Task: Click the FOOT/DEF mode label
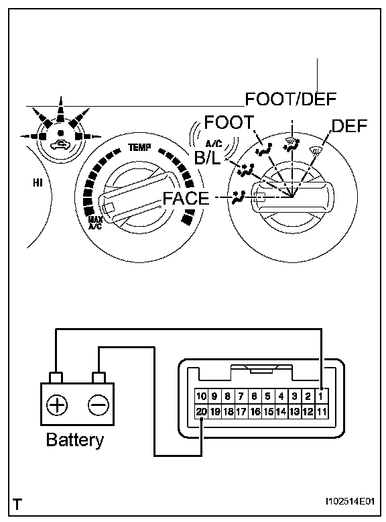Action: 291,99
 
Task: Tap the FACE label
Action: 186,198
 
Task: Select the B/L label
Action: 208,158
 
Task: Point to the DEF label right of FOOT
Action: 349,126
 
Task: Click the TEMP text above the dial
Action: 139,147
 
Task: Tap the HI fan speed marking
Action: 38,182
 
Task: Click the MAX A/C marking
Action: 95,223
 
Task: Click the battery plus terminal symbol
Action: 57,405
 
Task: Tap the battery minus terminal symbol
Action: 98,405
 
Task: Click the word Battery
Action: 75,440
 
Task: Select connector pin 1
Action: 321,397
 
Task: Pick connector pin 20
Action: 202,411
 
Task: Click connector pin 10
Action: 202,397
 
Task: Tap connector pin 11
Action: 321,411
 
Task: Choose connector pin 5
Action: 267,397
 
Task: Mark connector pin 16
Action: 255,411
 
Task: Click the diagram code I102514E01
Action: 350,501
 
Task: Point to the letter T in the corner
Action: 17,504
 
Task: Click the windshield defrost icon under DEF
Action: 315,152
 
